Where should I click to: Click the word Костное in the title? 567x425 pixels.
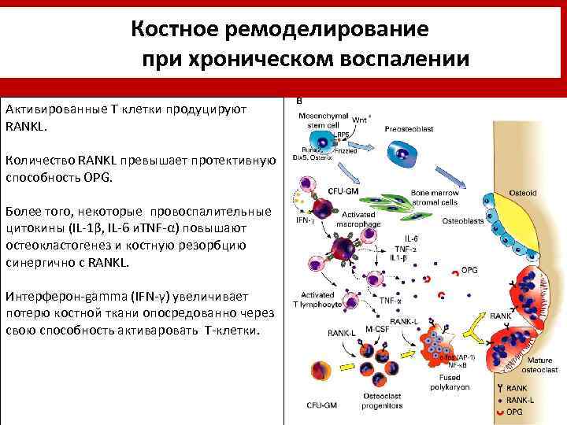click(x=174, y=30)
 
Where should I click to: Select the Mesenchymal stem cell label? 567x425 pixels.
click(x=322, y=120)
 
